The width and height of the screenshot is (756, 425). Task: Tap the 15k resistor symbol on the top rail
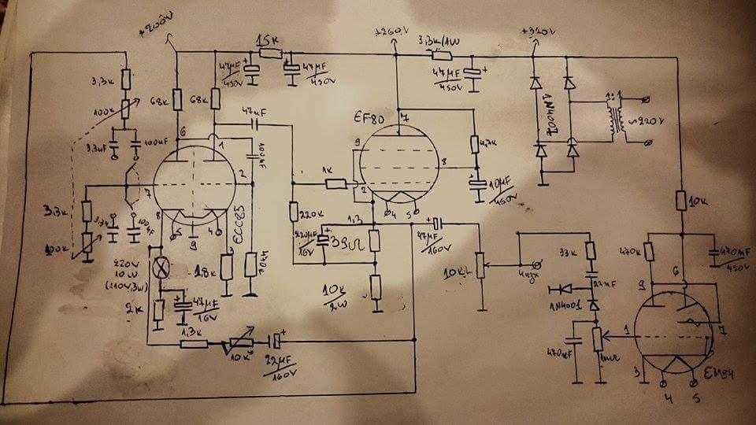[x=269, y=54]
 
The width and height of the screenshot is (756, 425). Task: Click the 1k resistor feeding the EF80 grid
[x=337, y=183]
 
